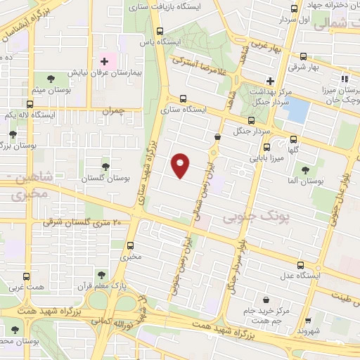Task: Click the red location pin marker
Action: coord(180,165)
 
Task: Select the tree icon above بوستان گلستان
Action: coord(105,167)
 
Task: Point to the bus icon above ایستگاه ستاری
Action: coord(184,98)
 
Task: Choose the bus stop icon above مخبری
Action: coord(130,246)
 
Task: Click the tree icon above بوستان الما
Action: coord(305,169)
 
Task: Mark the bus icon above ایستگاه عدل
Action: coord(301,265)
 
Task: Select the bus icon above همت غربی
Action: coord(27,276)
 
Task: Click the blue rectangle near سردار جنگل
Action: coord(298,109)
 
